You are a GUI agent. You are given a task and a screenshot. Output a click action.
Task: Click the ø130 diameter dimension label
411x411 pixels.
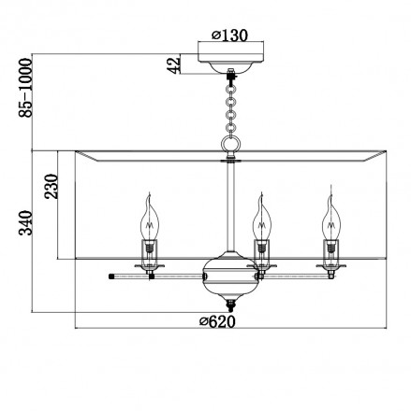229,35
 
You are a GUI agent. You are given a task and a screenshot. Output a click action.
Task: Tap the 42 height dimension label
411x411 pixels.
174,64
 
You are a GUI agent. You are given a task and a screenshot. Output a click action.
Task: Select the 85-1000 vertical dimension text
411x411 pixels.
25,88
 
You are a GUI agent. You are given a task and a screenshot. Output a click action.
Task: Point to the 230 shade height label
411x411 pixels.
51,186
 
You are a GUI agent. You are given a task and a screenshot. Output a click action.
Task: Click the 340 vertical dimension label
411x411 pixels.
25,222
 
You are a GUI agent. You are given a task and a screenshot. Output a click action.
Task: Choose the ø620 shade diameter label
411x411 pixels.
217,321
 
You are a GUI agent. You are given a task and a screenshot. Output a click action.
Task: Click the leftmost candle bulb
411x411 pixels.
150,218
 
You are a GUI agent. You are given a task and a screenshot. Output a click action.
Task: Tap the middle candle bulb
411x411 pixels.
262,218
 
